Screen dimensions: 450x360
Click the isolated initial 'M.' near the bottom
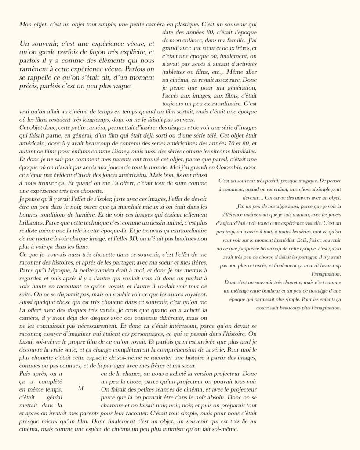(81, 388)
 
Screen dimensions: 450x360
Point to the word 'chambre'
(113, 405)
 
